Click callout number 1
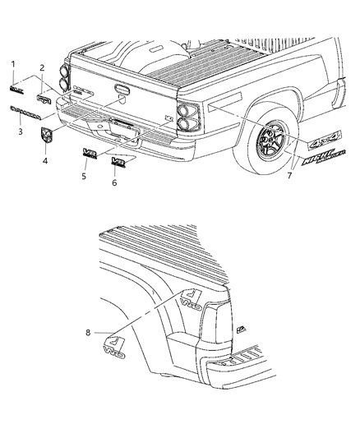click(13, 63)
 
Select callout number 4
click(45, 161)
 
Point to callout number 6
click(114, 182)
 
